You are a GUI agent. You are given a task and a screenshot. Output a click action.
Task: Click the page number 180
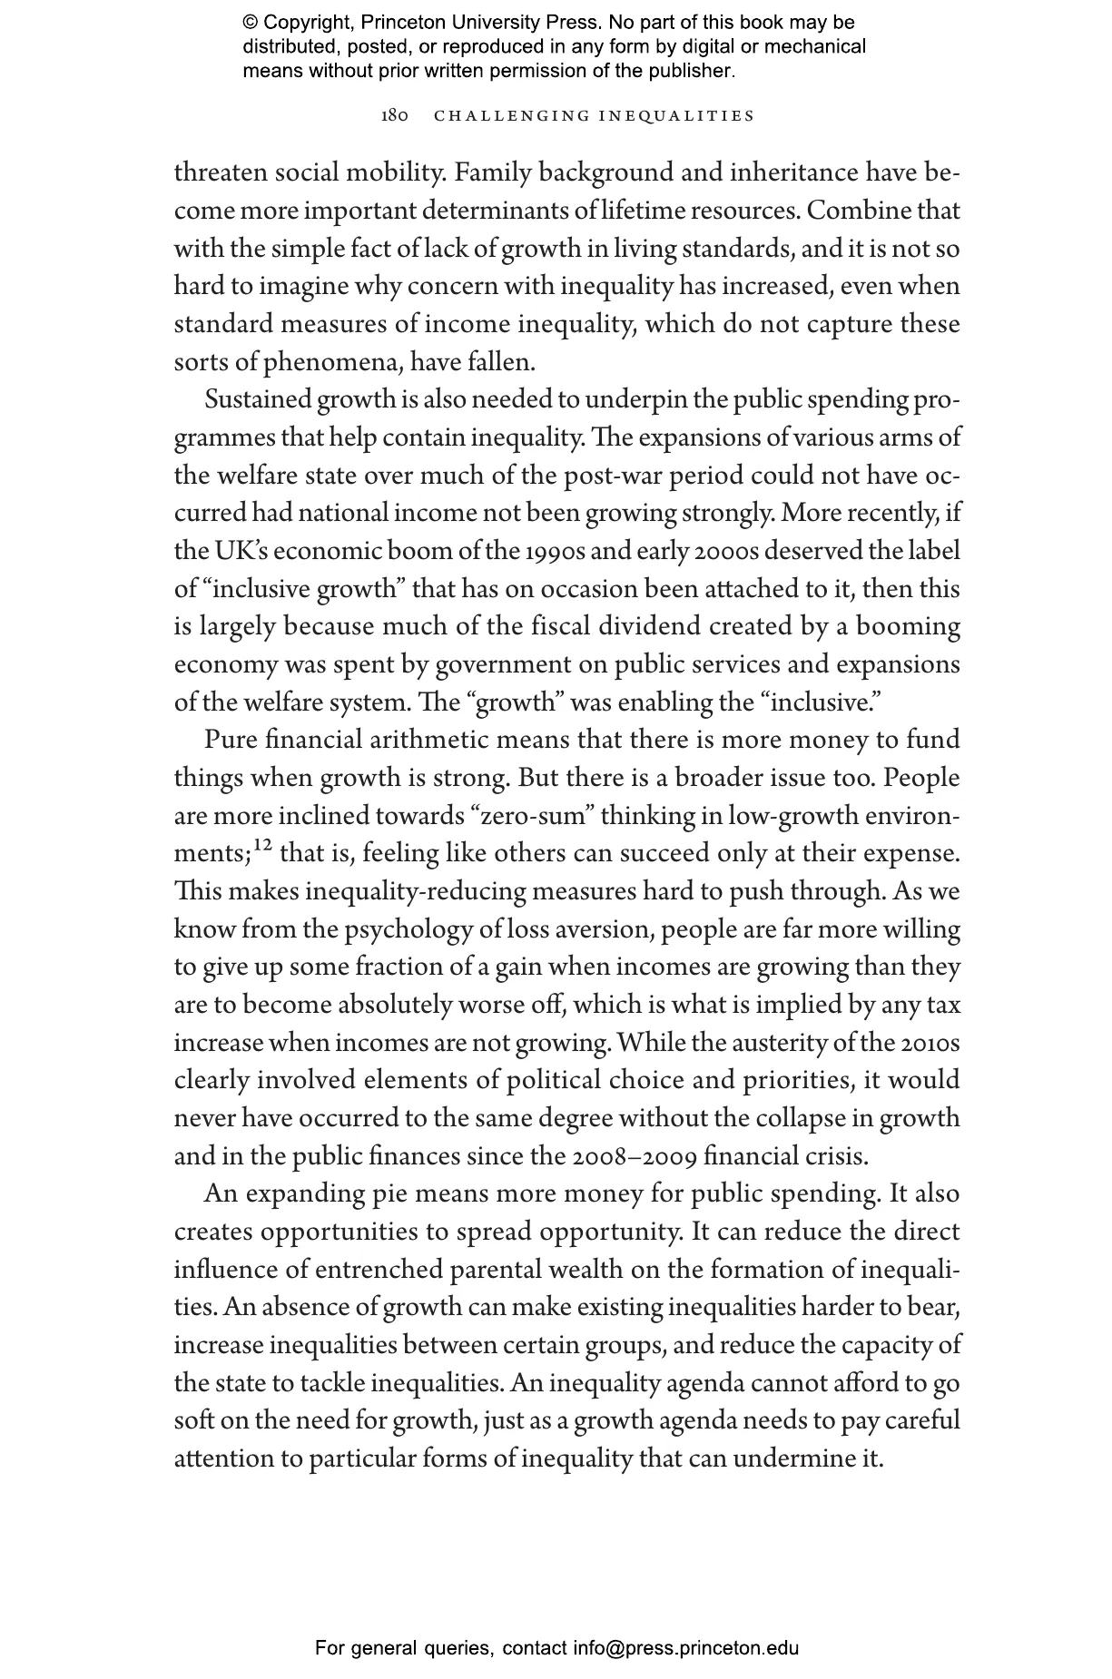(x=395, y=116)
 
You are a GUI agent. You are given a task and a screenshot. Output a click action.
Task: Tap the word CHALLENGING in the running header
(x=510, y=116)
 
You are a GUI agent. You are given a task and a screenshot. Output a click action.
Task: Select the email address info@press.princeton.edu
(x=685, y=1648)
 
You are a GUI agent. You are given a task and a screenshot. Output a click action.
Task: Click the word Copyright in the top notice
(x=305, y=23)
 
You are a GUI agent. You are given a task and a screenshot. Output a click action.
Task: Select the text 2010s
(x=930, y=1043)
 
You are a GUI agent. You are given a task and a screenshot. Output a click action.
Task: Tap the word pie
(x=389, y=1194)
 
